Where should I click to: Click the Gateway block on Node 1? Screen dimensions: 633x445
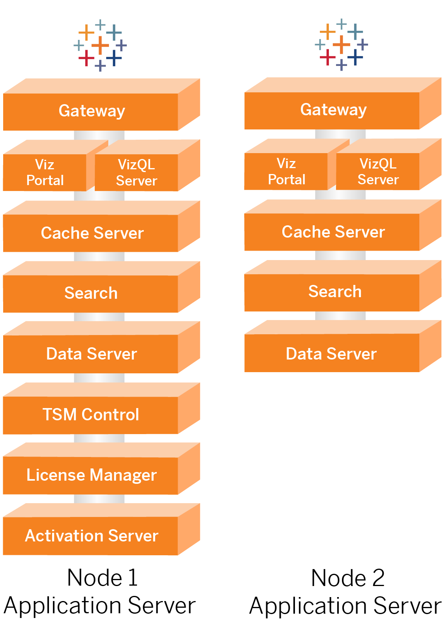click(x=91, y=111)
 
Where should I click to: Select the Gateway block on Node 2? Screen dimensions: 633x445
click(x=333, y=110)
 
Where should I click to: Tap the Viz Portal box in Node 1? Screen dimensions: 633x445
click(x=45, y=172)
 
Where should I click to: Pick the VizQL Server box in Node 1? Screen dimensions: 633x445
click(x=137, y=172)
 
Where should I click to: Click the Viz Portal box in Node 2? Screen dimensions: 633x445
click(x=286, y=171)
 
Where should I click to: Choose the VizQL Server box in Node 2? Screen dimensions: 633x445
click(x=378, y=171)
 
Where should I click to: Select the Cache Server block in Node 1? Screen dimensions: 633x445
click(x=92, y=233)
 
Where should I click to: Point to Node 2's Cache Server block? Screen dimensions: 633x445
click(x=333, y=232)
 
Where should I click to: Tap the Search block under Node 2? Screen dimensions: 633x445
click(x=334, y=292)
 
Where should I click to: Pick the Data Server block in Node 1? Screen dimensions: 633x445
click(x=91, y=354)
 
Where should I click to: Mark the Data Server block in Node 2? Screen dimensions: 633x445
click(x=331, y=354)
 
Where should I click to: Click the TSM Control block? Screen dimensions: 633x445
click(x=91, y=415)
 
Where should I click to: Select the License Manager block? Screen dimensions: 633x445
click(x=91, y=475)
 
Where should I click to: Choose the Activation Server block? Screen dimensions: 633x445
click(x=91, y=536)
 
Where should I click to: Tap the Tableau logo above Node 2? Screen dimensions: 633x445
click(x=342, y=44)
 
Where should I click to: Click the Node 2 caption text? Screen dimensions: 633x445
click(x=345, y=592)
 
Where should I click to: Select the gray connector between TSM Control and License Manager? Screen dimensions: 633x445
click(x=99, y=438)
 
